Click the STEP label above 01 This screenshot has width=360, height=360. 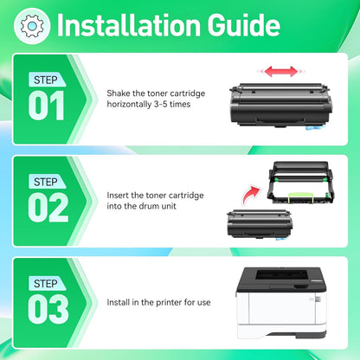tap(45, 80)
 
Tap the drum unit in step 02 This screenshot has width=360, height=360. tap(302, 181)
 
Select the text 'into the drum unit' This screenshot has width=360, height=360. tap(142, 206)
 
